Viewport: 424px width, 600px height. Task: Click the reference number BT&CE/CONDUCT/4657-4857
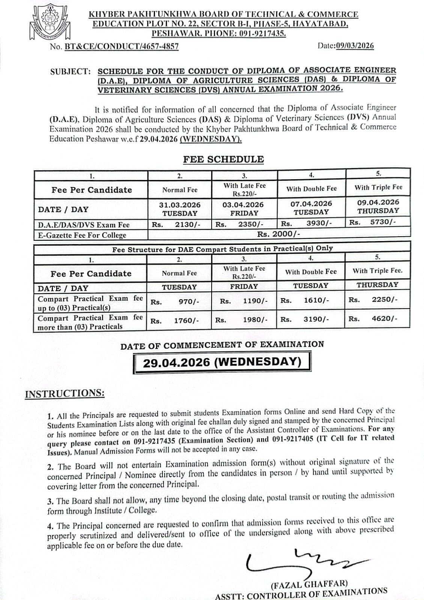coord(122,46)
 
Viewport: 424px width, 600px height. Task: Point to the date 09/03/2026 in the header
coord(355,46)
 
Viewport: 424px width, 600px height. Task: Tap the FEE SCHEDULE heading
coord(223,159)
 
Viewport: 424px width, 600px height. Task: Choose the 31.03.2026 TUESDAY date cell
coord(180,209)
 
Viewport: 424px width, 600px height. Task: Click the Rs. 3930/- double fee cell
coord(311,223)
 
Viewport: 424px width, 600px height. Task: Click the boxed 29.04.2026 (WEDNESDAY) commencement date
coord(223,362)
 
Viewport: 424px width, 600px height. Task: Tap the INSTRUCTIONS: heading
coord(65,393)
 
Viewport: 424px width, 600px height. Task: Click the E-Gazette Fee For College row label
coord(82,235)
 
